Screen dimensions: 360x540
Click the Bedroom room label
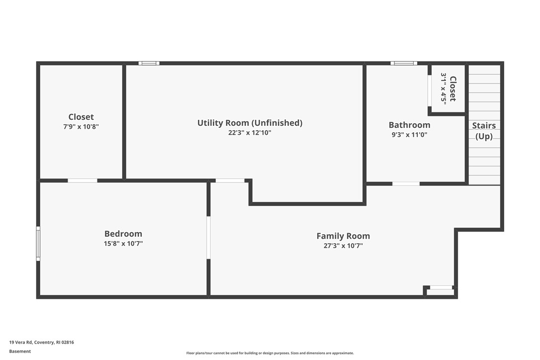point(123,234)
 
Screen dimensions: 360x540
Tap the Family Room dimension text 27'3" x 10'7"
point(343,246)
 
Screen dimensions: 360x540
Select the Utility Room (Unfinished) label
point(250,123)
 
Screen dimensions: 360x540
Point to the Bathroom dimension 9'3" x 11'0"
point(409,135)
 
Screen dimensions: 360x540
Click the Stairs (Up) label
point(484,131)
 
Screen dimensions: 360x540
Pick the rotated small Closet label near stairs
point(452,89)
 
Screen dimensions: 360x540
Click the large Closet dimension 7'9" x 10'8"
point(81,127)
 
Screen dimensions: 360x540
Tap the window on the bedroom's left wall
point(38,243)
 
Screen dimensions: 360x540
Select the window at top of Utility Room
point(149,63)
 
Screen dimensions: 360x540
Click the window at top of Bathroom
point(403,63)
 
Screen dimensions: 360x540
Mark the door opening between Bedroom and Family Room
point(208,237)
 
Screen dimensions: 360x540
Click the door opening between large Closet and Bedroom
point(83,180)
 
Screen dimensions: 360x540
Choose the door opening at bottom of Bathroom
point(406,183)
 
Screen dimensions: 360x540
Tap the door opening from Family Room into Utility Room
point(230,180)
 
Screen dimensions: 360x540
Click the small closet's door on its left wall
point(430,90)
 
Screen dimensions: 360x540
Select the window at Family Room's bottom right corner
point(441,287)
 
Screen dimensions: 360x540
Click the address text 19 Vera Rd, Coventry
point(41,342)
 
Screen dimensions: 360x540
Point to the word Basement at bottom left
point(20,351)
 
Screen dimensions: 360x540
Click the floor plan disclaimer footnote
point(270,353)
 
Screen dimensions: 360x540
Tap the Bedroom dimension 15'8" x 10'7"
point(123,244)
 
